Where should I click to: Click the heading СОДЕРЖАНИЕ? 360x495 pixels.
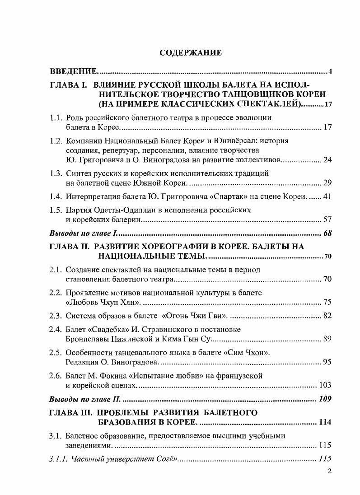tap(191, 53)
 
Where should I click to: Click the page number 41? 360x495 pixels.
tap(327, 196)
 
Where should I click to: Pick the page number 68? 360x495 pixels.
tap(327, 233)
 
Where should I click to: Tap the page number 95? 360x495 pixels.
tap(327, 362)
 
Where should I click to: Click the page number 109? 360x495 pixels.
tap(325, 399)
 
